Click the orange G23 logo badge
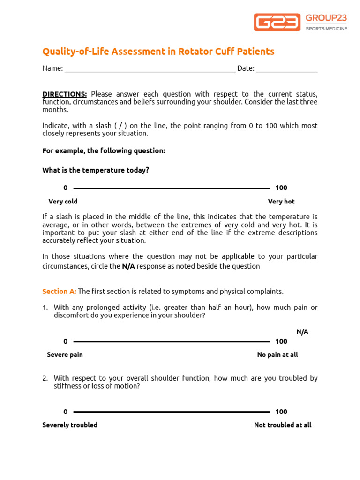[x=277, y=22]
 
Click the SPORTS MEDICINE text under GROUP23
[x=326, y=29]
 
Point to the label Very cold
[x=63, y=202]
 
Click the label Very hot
[x=281, y=202]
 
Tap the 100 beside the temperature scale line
[x=281, y=188]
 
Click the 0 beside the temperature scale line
[x=66, y=188]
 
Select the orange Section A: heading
[x=59, y=291]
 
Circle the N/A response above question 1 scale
[x=302, y=332]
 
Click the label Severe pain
[x=65, y=355]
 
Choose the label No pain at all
[x=277, y=355]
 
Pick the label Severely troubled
[x=70, y=425]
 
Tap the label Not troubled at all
[x=283, y=425]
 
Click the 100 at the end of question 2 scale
[x=281, y=412]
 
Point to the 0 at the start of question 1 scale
[x=66, y=341]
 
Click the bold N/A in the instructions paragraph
[x=128, y=266]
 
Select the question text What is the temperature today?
[x=96, y=170]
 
